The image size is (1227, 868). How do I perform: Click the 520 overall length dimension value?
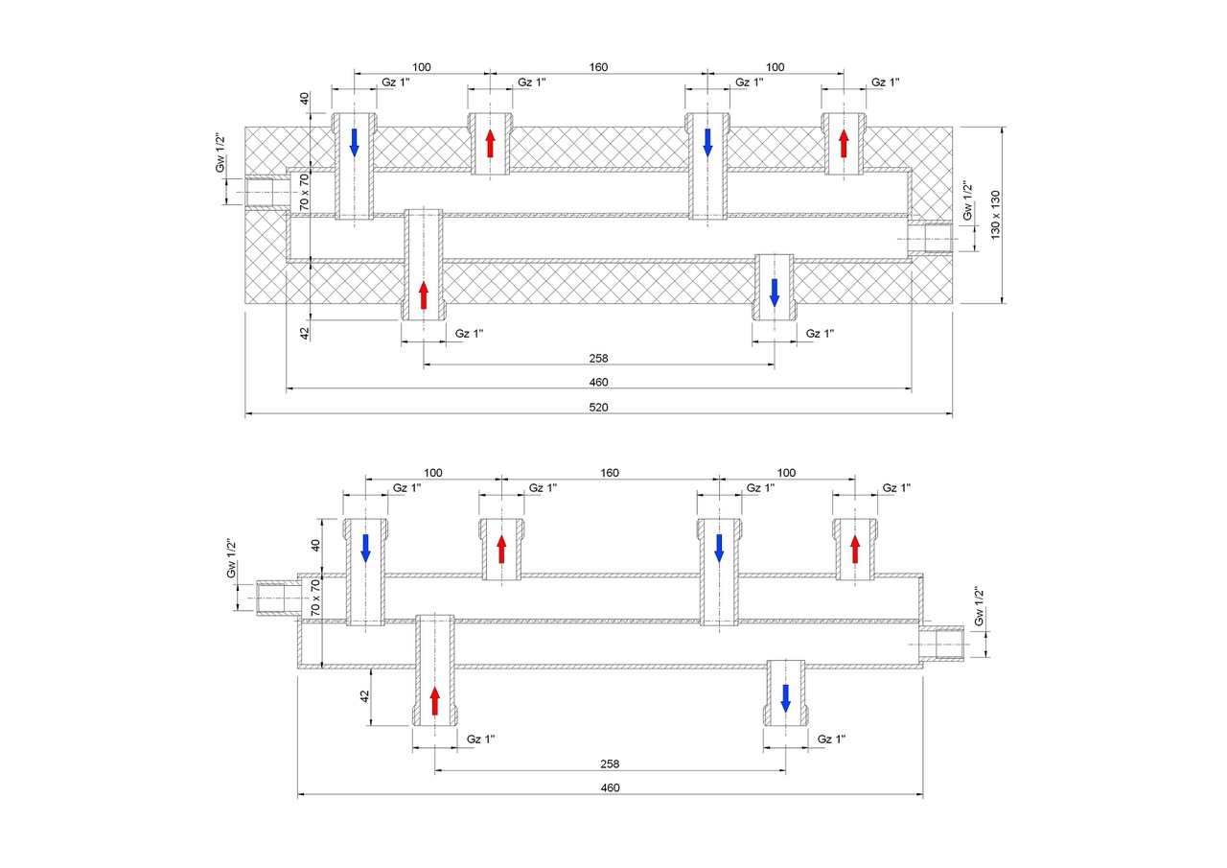click(598, 408)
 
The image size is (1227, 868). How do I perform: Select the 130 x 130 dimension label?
click(995, 215)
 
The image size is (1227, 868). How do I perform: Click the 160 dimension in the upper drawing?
click(598, 67)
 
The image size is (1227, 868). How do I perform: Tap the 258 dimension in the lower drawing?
click(610, 763)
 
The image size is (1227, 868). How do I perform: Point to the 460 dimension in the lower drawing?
click(610, 788)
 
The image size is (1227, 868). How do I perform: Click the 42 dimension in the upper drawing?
click(305, 333)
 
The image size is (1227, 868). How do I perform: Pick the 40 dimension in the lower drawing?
click(315, 546)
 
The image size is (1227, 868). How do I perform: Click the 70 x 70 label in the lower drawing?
click(315, 598)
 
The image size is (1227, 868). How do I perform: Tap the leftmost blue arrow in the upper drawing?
click(355, 143)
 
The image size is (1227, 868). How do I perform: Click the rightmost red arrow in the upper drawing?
click(844, 143)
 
